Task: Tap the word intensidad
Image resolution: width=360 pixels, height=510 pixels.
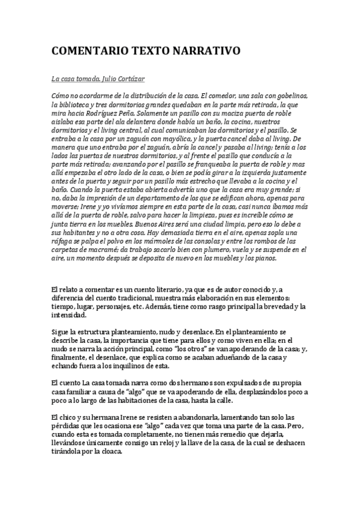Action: pyautogui.click(x=70, y=315)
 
